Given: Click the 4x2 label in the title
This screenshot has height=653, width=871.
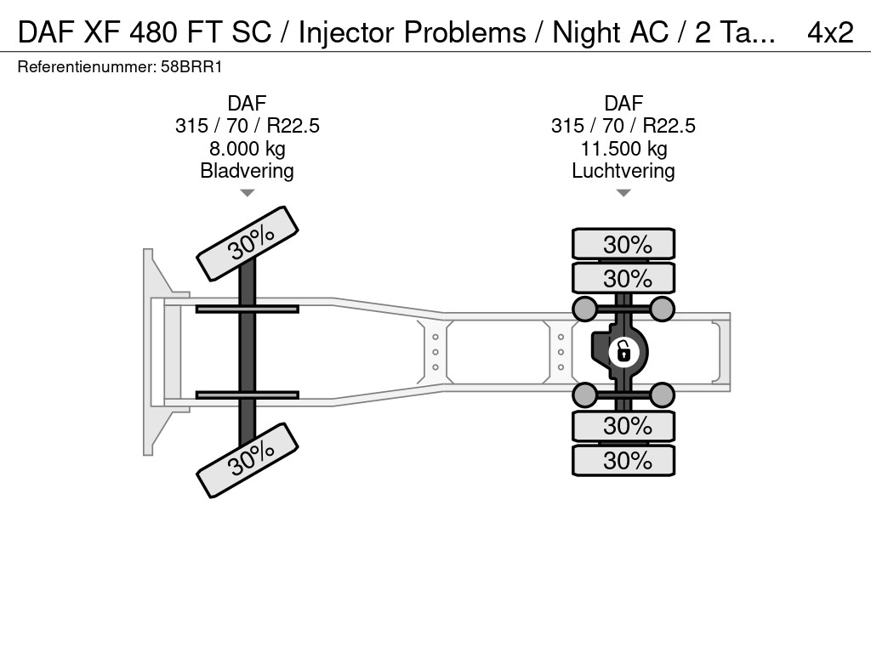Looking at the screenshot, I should pos(829,32).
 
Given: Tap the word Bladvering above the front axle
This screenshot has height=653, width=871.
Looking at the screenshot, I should pos(247,171).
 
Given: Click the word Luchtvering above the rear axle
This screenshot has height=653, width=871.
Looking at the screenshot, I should pos(623,171).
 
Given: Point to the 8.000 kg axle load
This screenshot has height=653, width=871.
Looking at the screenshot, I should pos(247,149).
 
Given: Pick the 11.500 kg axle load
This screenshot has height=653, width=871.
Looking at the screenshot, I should pos(623,149).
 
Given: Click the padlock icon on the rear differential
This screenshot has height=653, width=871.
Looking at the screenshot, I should pos(623,350).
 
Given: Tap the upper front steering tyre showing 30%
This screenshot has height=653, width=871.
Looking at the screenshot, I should pos(248,243).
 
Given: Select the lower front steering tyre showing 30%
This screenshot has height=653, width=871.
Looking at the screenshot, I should pos(248,460).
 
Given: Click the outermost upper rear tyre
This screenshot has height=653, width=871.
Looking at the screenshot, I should pos(623,244).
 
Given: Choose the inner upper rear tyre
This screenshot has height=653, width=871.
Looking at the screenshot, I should pos(623,278).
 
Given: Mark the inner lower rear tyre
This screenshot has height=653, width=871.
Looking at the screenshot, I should pos(623,425).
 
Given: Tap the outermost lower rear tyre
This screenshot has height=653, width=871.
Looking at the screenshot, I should pos(623,460).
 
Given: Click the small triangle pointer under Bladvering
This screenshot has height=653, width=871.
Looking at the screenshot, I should pos(247,194).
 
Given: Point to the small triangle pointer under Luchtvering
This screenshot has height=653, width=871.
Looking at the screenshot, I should pos(623,194).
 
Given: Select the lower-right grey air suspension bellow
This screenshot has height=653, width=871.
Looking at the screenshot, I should pos(662,394).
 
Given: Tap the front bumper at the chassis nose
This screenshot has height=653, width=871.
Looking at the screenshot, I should pos(154,351).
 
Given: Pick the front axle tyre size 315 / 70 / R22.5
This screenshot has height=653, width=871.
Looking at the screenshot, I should pos(247,126).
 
